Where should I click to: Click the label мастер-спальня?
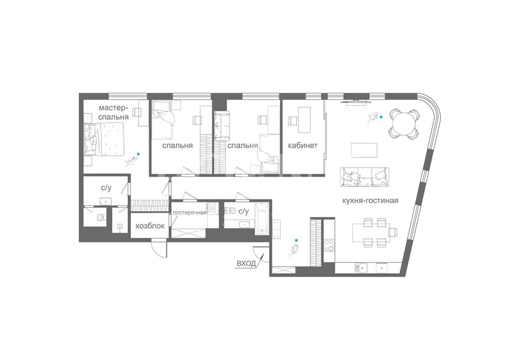113,112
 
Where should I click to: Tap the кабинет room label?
303,146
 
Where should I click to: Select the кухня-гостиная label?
370,201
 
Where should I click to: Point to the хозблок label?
150,226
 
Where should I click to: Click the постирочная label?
189,212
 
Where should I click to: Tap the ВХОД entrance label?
246,263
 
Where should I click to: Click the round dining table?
404,124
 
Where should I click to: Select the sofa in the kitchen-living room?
364,177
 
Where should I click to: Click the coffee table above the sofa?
364,150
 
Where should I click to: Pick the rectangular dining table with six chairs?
373,233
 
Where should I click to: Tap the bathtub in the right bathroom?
262,219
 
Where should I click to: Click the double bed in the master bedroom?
104,140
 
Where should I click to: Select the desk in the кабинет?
304,120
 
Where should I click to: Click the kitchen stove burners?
329,245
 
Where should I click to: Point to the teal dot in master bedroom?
139,154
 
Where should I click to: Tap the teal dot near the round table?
381,117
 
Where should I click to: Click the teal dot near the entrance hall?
295,240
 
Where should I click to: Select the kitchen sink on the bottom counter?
361,268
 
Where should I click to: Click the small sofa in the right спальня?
221,126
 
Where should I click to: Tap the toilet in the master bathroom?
101,217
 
